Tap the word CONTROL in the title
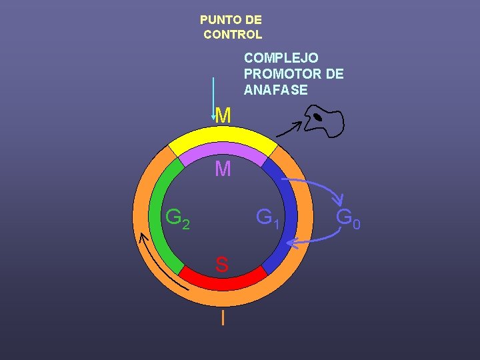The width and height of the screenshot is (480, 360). [x=233, y=34]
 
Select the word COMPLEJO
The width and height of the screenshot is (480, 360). [x=281, y=58]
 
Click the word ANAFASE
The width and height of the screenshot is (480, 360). [x=275, y=90]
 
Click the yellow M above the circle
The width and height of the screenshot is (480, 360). [x=223, y=116]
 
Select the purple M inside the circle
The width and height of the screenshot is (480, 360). [x=223, y=170]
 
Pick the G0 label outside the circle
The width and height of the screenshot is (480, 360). [x=348, y=218]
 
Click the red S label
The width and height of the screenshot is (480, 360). [x=222, y=265]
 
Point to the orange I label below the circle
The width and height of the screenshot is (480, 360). [x=223, y=318]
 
